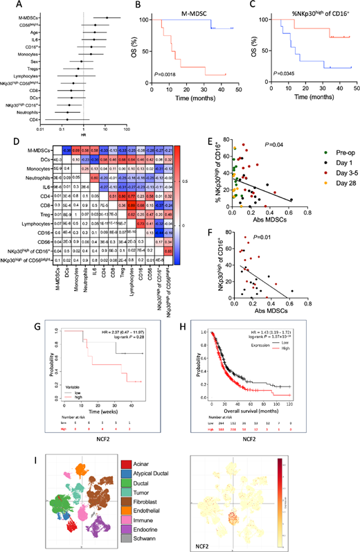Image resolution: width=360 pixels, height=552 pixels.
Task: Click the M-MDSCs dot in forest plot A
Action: coord(106,17)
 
